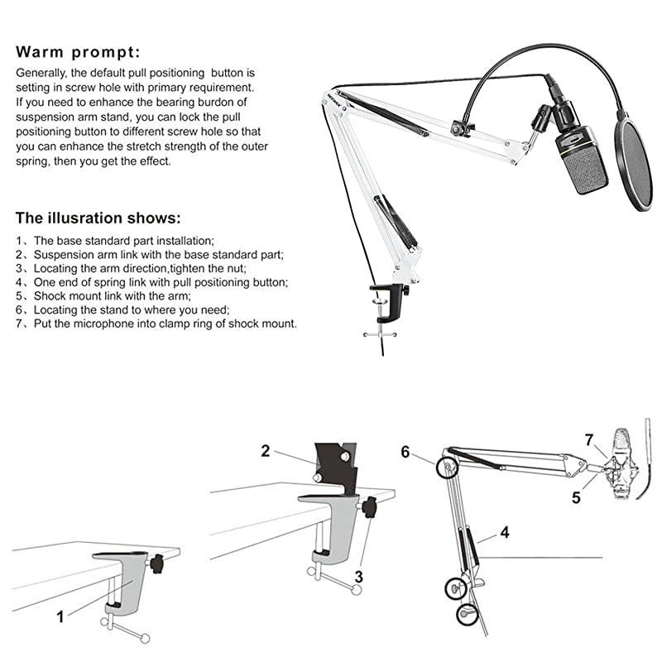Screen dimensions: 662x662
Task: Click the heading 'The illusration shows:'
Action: click(x=98, y=218)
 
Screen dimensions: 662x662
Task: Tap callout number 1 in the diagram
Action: click(x=60, y=616)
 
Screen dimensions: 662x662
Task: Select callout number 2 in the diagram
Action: click(x=266, y=451)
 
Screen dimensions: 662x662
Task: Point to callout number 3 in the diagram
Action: click(x=359, y=576)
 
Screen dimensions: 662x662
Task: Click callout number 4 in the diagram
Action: click(x=504, y=533)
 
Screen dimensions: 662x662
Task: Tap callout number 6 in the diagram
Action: click(x=405, y=452)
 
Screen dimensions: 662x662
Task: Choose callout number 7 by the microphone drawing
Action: click(x=589, y=439)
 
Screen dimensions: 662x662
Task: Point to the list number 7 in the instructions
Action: click(x=20, y=324)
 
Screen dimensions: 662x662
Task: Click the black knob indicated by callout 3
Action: click(x=371, y=506)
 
